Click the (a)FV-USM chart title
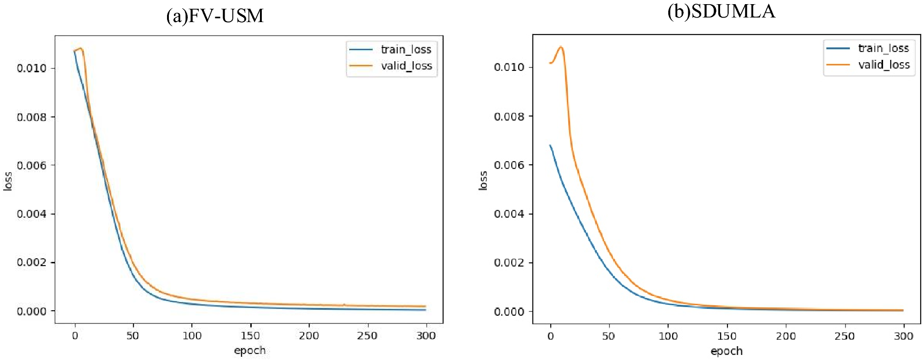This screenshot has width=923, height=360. tap(215, 16)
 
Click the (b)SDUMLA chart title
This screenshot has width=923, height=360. tap(721, 12)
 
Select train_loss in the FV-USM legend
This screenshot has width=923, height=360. tap(405, 49)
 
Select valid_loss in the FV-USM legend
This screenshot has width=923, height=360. tap(406, 66)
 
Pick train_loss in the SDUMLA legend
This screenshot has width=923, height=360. tap(883, 48)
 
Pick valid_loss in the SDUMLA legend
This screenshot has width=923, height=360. tap(883, 64)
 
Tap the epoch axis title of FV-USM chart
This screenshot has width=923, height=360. tap(249, 350)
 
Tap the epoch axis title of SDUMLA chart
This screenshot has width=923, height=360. tap(727, 351)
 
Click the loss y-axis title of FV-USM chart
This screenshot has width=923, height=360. tap(8, 181)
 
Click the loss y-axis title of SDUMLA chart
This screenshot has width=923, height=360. tap(483, 180)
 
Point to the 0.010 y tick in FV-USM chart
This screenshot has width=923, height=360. tap(32, 68)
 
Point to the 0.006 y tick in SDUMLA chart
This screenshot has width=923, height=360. tap(509, 165)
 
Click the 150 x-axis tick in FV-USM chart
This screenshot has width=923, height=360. tap(250, 336)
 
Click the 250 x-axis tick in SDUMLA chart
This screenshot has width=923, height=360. tap(844, 336)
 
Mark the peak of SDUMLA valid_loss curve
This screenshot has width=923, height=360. tap(560, 47)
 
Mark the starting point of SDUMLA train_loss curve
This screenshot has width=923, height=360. tap(550, 145)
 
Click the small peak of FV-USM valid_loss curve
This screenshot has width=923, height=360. tap(81, 48)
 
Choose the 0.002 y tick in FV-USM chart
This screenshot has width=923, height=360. tap(32, 262)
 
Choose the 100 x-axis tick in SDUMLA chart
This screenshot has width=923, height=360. tap(668, 336)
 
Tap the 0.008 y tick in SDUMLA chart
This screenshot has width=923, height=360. tap(509, 116)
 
